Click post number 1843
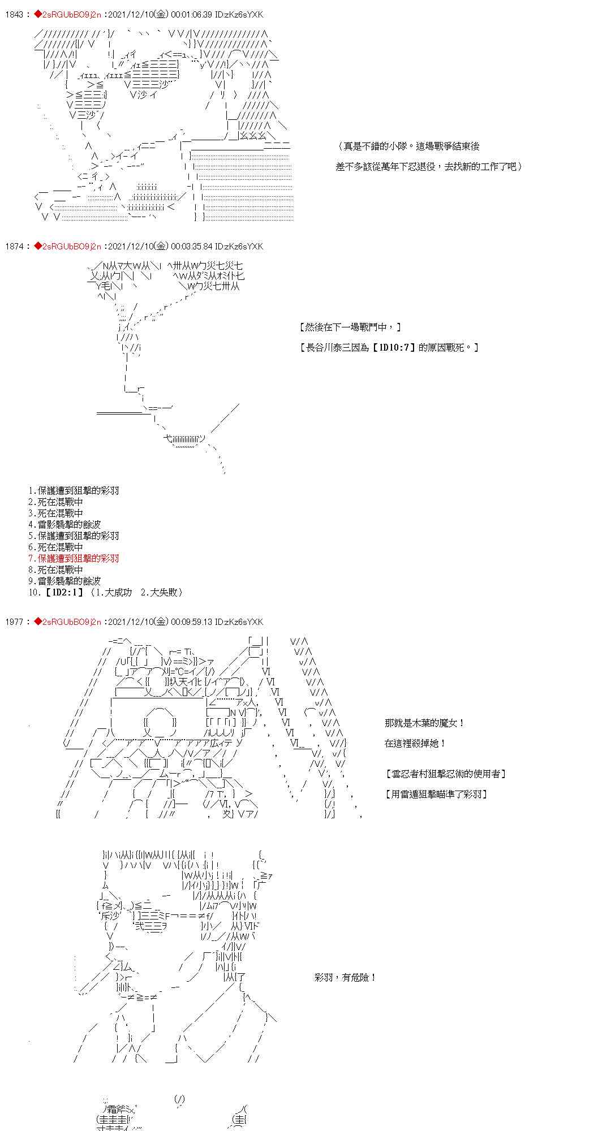[x=14, y=15]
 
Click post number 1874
[x=14, y=247]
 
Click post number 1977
[x=14, y=622]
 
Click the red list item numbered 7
[x=74, y=558]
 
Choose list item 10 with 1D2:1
[x=106, y=592]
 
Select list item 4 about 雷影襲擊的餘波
[x=64, y=524]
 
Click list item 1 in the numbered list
[x=74, y=490]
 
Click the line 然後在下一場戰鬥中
[x=350, y=327]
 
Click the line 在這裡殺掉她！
[x=415, y=743]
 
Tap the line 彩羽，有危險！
[x=345, y=977]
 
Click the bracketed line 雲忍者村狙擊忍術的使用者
[x=445, y=774]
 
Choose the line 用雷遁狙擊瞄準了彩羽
[x=436, y=794]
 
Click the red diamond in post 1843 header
[x=38, y=15]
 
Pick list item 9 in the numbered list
[x=64, y=581]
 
